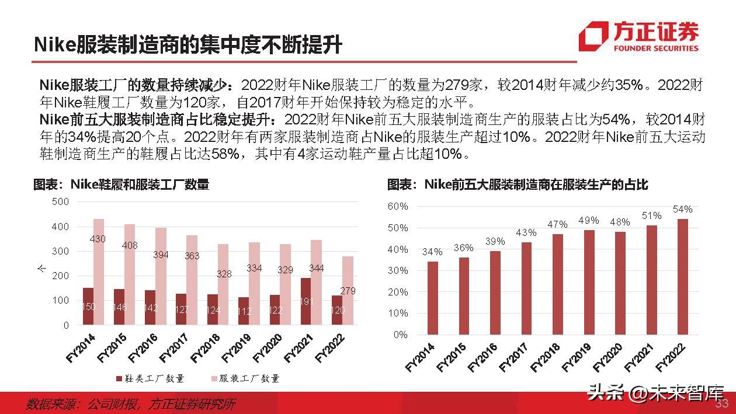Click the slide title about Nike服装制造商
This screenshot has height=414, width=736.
pos(187,45)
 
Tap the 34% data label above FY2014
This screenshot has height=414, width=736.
pos(432,252)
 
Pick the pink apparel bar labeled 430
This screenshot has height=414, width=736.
pos(99,272)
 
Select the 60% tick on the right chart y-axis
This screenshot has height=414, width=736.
pos(397,207)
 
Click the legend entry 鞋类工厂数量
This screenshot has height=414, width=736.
pos(150,378)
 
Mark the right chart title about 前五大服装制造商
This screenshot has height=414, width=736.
pos(518,185)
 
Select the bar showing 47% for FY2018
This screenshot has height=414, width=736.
pos(557,284)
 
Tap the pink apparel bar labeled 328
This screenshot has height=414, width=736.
pos(224,284)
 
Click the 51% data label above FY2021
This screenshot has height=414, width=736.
pos(651,215)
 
